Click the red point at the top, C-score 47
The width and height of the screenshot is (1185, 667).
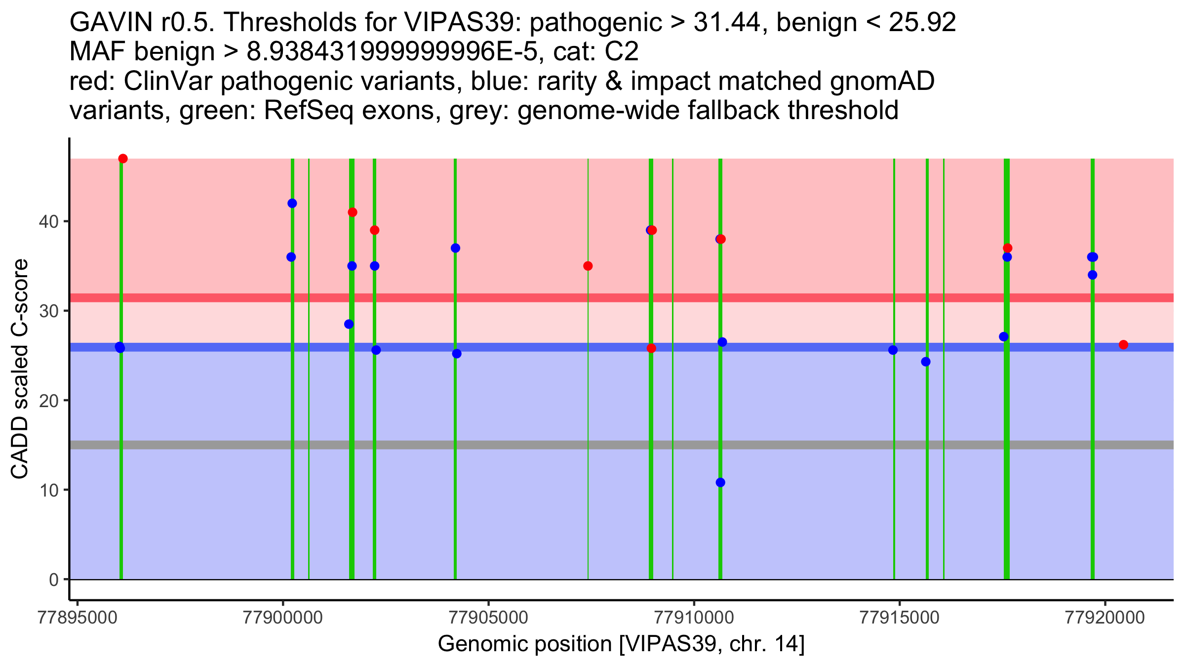[123, 159]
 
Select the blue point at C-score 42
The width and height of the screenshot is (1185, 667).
[292, 204]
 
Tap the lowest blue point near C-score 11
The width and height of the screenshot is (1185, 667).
[720, 482]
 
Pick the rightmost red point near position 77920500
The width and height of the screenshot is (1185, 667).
[1123, 345]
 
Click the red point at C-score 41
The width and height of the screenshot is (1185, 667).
[353, 212]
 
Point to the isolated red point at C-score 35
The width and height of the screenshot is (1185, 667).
[588, 266]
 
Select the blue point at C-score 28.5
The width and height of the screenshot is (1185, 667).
[349, 324]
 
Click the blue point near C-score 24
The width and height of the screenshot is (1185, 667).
[926, 362]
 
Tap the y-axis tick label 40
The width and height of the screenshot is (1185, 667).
[48, 221]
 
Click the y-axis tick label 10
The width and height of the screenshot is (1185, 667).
[48, 490]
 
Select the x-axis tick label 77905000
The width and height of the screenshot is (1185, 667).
[488, 618]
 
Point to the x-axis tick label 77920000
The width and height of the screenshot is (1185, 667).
[1105, 618]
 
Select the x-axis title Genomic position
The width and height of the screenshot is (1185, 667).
[621, 644]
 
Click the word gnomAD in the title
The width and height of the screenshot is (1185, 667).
[882, 82]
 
